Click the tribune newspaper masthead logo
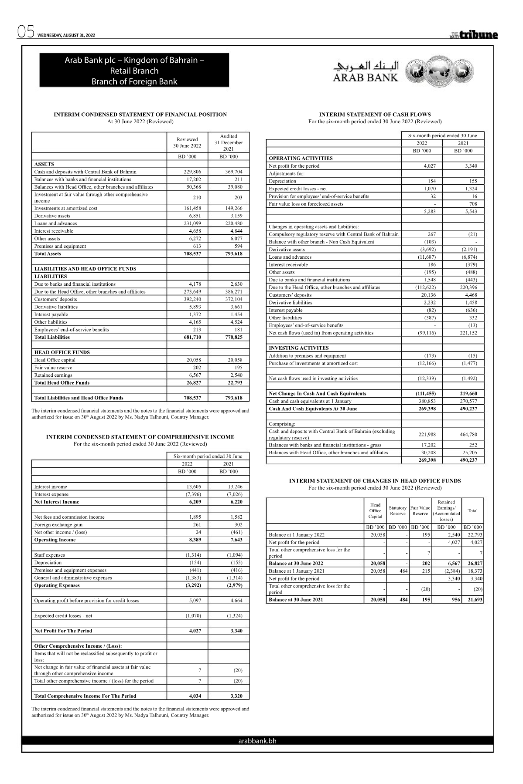[x=474, y=35]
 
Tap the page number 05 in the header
[x=25, y=33]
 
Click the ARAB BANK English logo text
[x=366, y=78]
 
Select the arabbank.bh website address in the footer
[x=257, y=740]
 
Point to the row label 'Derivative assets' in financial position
[x=52, y=216]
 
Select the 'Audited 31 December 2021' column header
[x=229, y=142]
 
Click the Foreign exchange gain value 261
[x=197, y=524]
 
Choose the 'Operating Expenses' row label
[x=57, y=585]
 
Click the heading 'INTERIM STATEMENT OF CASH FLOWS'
[x=375, y=115]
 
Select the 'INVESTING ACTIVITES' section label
[x=299, y=348]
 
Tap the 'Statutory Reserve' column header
[x=397, y=510]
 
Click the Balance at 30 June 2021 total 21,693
[x=474, y=600]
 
